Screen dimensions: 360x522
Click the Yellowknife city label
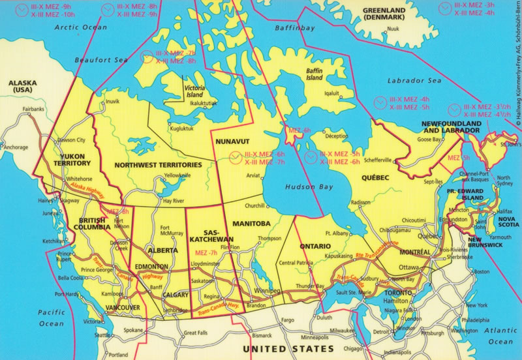[177, 175]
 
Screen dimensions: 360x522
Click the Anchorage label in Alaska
[16, 147]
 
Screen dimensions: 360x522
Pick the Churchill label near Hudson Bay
[254, 206]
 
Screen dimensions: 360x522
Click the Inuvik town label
[113, 102]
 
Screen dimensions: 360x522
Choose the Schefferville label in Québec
[377, 160]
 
